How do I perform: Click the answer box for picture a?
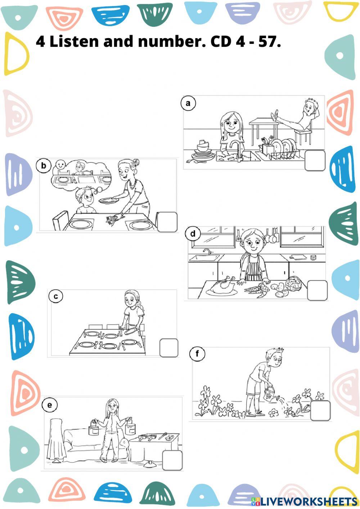tap(315, 161)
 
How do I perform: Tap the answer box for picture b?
tap(167, 222)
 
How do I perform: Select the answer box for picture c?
tap(169, 348)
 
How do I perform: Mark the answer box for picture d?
tap(317, 290)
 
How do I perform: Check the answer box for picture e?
tap(172, 460)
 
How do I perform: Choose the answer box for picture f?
tap(320, 411)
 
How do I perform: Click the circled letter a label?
tap(188, 103)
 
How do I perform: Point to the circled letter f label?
tap(197, 354)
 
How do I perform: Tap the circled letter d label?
tap(193, 234)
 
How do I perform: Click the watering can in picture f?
tap(269, 393)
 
